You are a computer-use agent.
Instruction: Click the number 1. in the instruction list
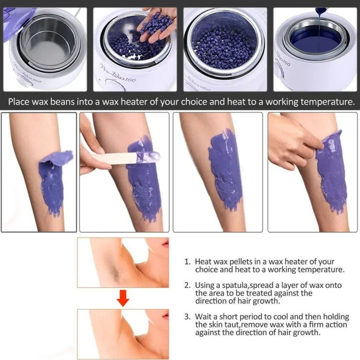coord(187,261)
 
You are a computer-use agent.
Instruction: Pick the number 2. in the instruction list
coord(187,285)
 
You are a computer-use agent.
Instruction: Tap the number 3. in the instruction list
coord(187,317)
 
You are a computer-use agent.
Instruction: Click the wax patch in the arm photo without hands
coord(224,170)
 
